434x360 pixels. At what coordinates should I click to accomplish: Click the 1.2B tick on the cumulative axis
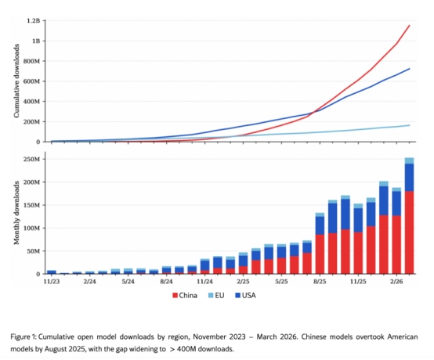point(34,20)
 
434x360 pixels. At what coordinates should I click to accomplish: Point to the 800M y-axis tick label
point(31,61)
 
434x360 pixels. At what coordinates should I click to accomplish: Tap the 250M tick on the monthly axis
point(31,160)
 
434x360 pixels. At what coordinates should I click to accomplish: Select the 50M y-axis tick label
point(33,251)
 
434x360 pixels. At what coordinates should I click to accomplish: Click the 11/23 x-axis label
point(52,282)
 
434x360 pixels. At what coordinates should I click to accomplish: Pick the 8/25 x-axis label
point(320,282)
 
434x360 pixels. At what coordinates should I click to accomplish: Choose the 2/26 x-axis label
point(396,282)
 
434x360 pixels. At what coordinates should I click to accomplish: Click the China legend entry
point(185,296)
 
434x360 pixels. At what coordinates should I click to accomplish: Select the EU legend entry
point(216,296)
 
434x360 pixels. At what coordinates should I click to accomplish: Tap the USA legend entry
point(245,296)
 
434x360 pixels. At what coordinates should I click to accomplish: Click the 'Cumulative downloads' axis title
point(17,81)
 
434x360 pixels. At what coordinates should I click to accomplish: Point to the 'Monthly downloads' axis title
point(17,213)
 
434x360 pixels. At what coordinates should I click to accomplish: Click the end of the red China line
point(410,26)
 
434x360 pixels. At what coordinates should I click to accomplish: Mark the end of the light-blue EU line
point(410,125)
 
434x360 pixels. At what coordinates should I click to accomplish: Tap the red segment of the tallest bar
point(410,232)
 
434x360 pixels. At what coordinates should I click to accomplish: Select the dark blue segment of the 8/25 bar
point(320,225)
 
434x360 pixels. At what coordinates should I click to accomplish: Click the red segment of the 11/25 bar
point(358,253)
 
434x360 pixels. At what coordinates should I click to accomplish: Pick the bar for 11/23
point(52,272)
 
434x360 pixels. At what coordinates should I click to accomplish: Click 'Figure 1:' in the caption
point(24,337)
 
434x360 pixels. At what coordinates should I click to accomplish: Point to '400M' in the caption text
point(187,349)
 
